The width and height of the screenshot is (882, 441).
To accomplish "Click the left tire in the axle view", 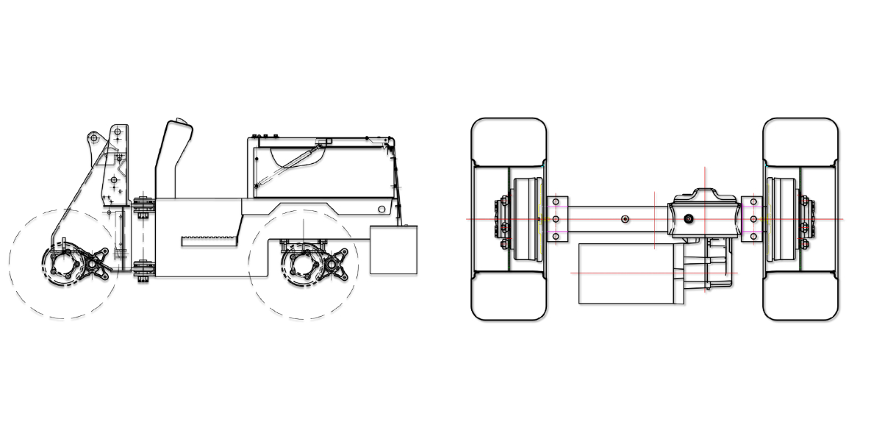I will pos(508,219).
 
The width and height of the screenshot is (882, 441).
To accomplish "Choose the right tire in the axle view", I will pos(800,219).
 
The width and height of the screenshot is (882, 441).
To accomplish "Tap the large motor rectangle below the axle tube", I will pos(626,273).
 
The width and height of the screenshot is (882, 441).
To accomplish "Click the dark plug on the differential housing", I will pos(689,218).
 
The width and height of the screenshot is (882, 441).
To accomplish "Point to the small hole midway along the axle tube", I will pos(624,218).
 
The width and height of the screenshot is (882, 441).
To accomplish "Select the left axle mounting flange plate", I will pos(556,218).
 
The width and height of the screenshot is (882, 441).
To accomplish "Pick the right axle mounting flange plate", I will pos(752,218).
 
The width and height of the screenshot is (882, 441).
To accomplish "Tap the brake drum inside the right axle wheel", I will pos(780,218).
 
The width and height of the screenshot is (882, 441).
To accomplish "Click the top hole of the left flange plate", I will pos(556,201).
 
